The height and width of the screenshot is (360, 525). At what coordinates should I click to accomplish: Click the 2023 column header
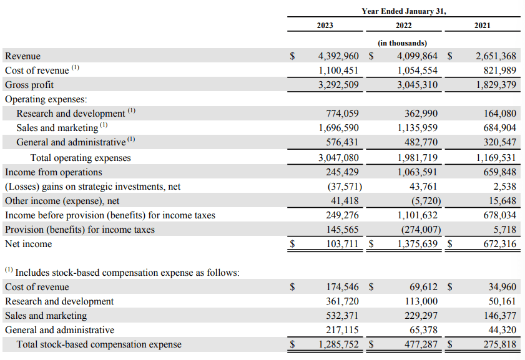[325, 26]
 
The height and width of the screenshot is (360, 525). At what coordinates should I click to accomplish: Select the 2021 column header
[482, 26]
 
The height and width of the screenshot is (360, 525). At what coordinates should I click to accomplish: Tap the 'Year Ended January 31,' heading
[404, 11]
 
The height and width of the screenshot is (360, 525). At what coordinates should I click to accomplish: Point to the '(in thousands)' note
[403, 43]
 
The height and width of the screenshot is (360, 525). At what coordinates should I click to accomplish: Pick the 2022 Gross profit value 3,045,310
[417, 85]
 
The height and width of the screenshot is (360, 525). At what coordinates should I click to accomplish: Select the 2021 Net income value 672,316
[496, 244]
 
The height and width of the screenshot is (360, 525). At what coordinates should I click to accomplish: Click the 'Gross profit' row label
[29, 85]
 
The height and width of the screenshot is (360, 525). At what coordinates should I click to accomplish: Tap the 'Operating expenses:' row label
[46, 99]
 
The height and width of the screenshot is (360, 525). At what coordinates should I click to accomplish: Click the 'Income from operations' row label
[53, 172]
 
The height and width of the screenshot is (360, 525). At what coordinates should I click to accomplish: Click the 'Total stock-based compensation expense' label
[99, 344]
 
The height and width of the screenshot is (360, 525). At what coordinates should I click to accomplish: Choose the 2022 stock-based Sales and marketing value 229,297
[421, 316]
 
